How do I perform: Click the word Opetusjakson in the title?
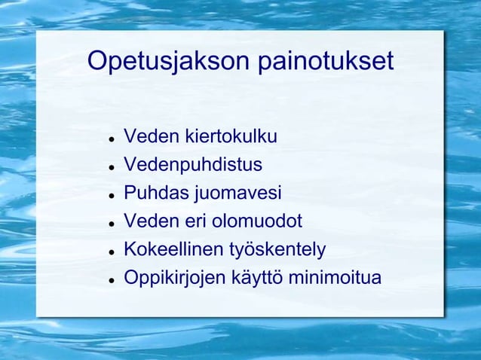click(170, 62)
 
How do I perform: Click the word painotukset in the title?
click(326, 62)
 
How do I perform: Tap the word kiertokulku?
click(231, 137)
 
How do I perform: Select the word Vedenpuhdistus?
click(193, 165)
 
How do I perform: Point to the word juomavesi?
click(238, 194)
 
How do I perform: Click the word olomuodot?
click(256, 221)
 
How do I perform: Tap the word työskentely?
click(278, 250)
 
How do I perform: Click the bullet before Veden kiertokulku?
click(111, 139)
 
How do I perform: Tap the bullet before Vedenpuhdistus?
click(111, 167)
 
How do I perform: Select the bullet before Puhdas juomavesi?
click(111, 195)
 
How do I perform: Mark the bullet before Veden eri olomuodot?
click(111, 224)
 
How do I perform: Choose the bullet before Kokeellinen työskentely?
click(111, 252)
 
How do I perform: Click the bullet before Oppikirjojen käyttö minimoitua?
click(111, 279)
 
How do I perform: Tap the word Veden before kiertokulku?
click(152, 137)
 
